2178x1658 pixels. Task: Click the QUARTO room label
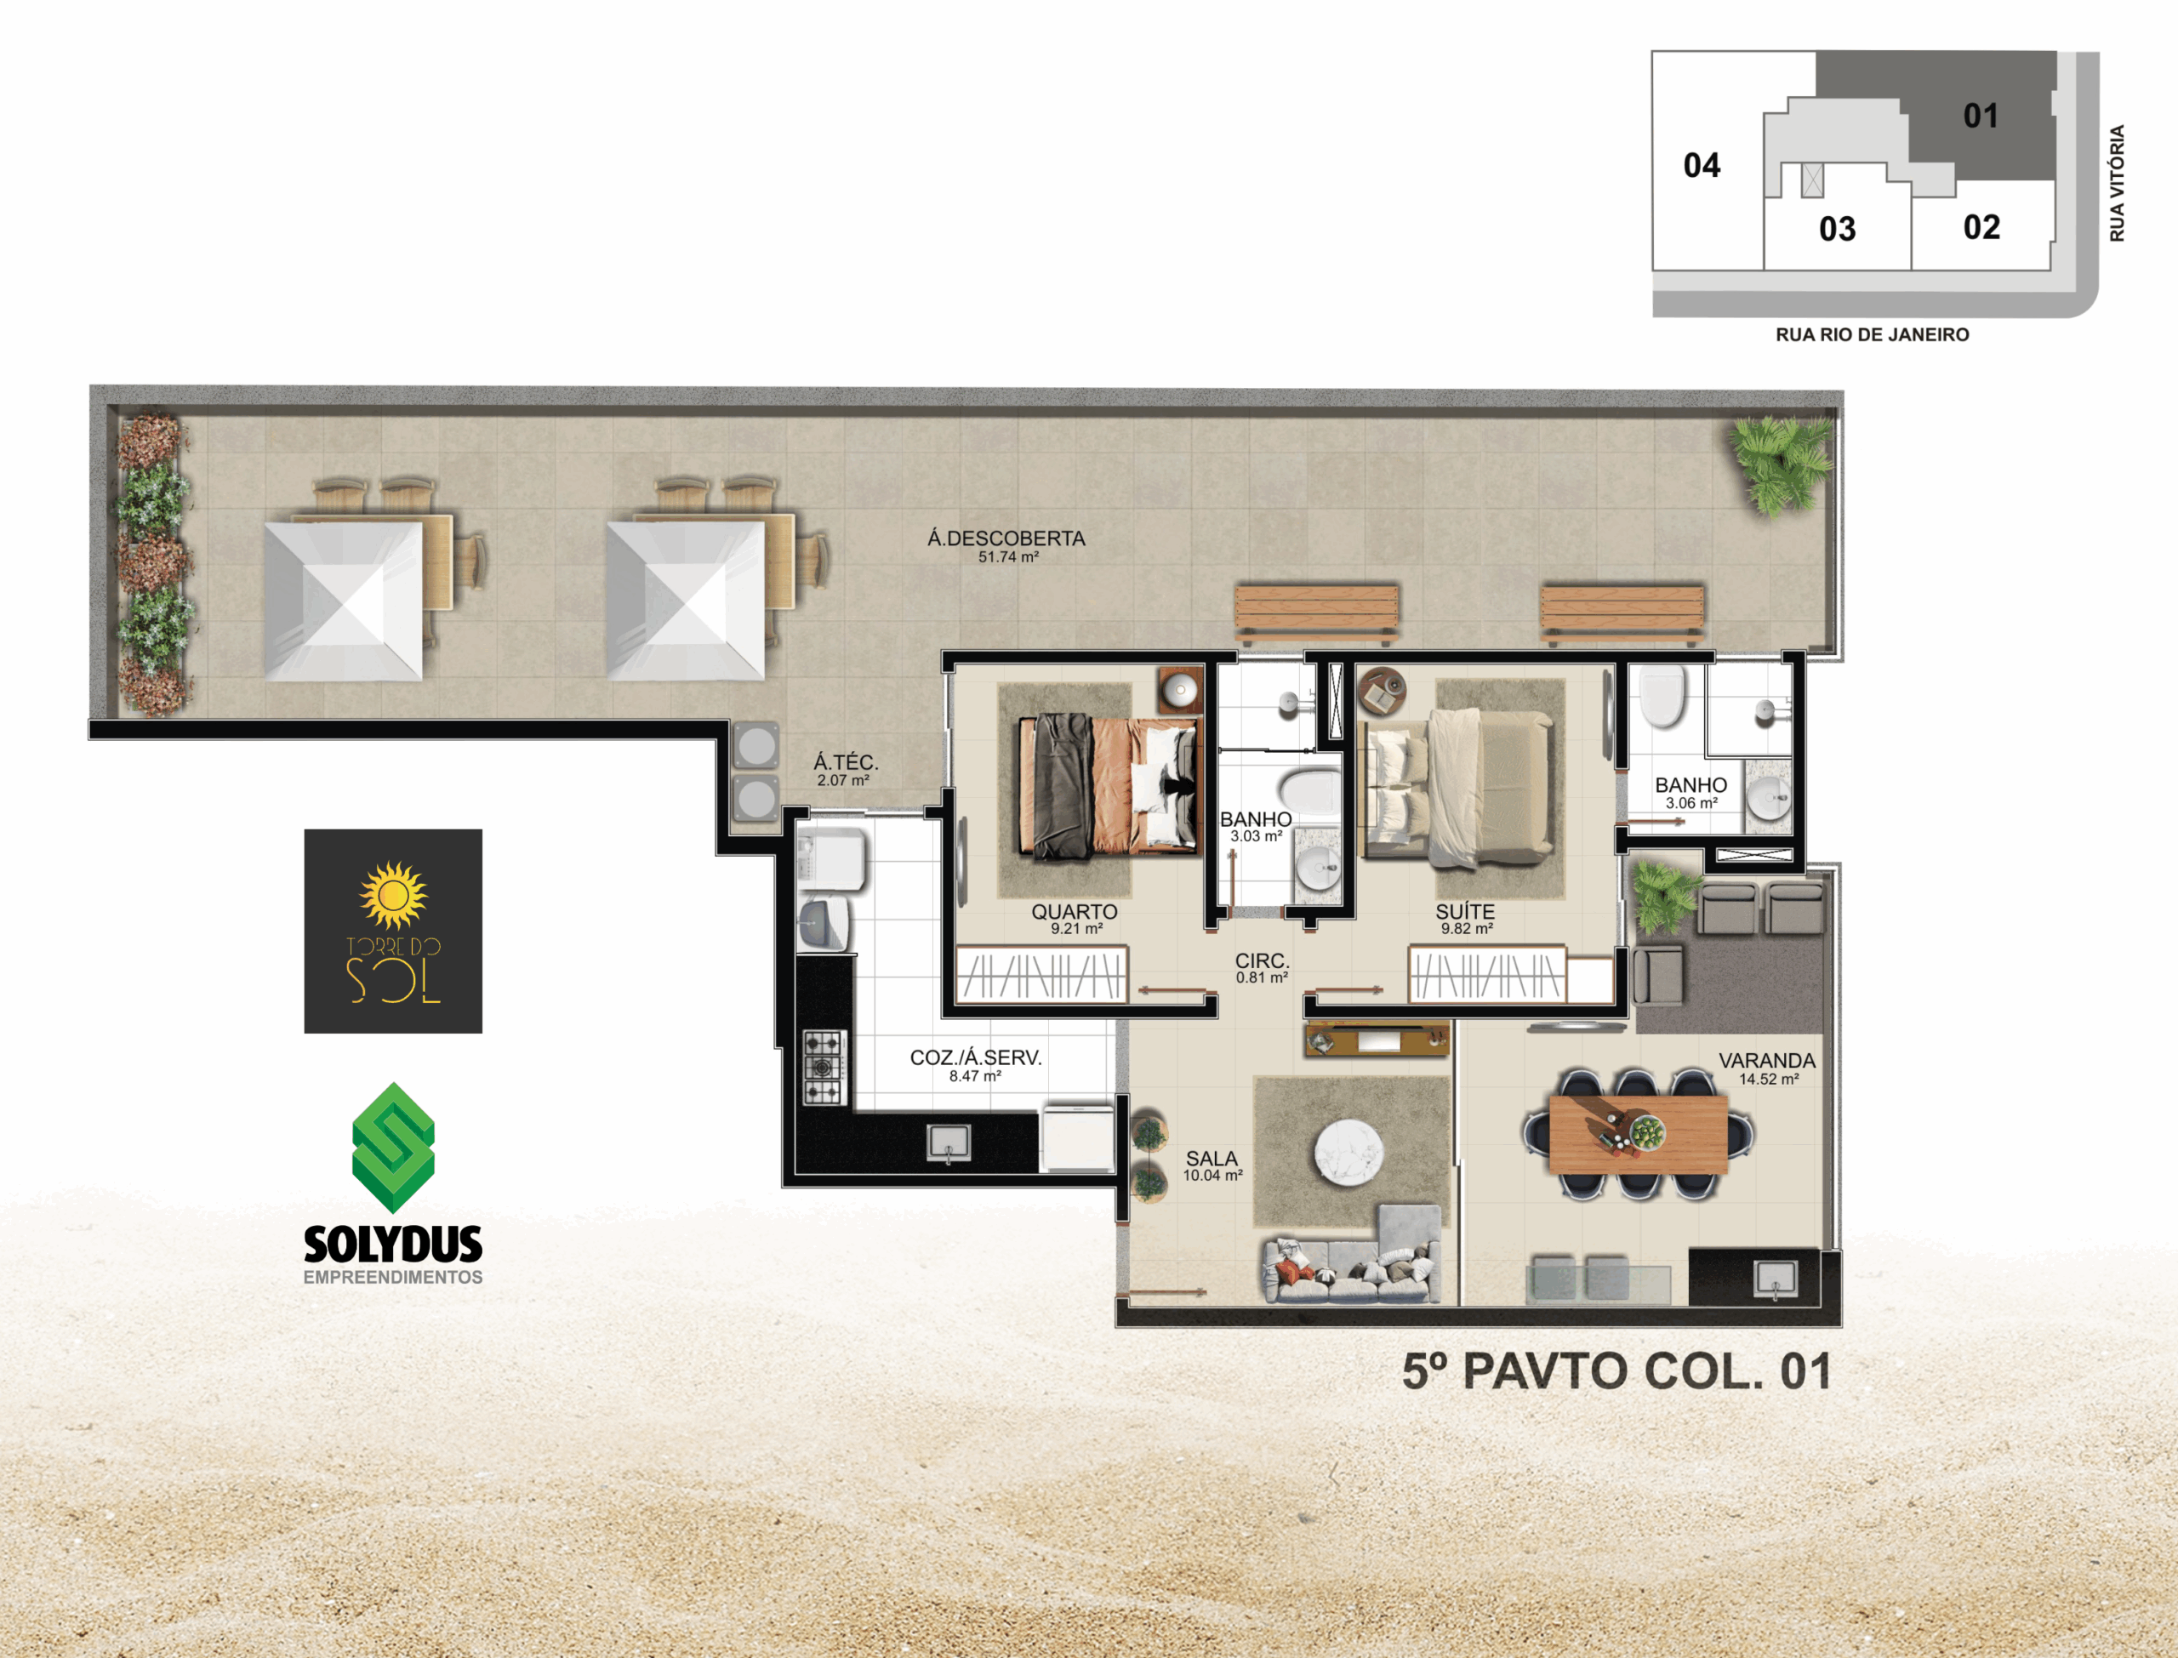point(1075,912)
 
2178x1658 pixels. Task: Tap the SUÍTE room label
point(1466,912)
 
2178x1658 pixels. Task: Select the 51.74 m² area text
point(1008,556)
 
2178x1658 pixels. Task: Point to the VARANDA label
point(1767,1060)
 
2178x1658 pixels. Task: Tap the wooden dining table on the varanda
point(1639,1134)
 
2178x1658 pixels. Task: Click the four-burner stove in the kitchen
point(824,1067)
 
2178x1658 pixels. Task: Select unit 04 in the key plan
point(1702,165)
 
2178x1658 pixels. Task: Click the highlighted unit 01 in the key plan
point(1981,116)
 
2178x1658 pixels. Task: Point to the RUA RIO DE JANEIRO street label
point(1872,334)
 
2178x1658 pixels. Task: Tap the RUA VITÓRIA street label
point(2117,183)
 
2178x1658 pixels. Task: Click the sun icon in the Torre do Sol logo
point(393,894)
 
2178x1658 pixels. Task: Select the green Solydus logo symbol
point(393,1148)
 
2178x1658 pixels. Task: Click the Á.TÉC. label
point(846,762)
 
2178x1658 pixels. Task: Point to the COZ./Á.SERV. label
point(975,1057)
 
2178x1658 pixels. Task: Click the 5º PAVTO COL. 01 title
point(1616,1372)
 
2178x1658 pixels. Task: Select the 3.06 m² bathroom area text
point(1691,803)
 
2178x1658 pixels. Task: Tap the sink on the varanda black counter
point(1776,1280)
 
